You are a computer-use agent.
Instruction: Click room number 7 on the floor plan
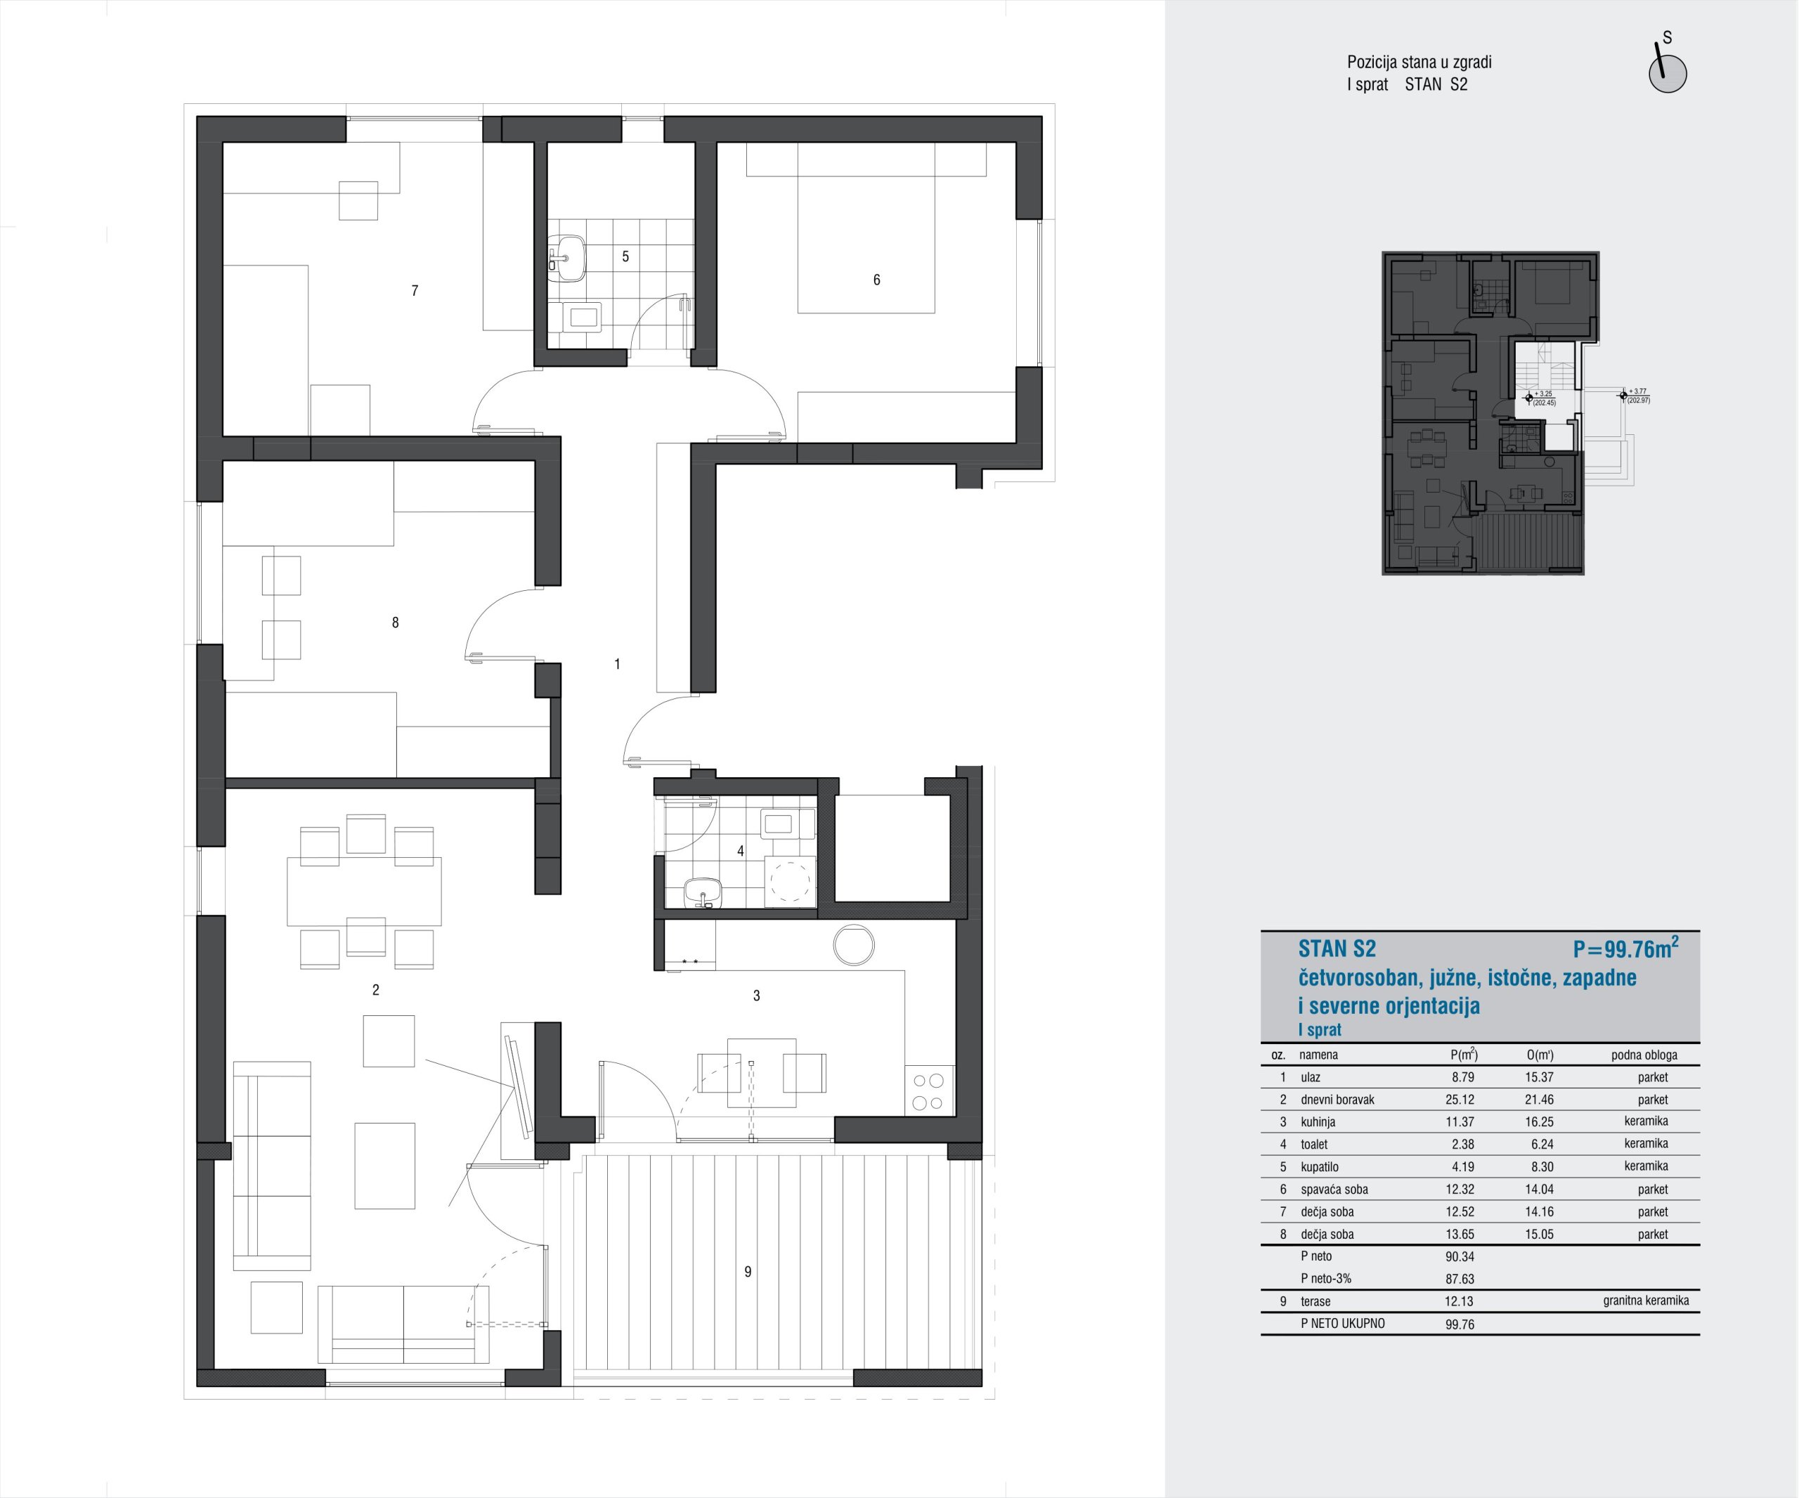point(415,291)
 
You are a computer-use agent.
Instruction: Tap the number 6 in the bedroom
point(876,280)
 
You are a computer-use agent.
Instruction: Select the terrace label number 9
point(748,1272)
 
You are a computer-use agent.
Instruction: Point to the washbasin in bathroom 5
point(566,258)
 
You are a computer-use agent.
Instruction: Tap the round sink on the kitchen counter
point(853,946)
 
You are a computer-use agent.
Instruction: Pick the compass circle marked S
point(1668,74)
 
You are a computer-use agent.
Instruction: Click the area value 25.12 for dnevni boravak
point(1460,1100)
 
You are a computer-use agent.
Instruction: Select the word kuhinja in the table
point(1318,1122)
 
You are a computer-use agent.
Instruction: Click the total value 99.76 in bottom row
point(1460,1324)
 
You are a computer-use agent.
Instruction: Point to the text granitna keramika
point(1646,1301)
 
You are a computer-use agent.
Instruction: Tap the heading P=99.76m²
point(1625,948)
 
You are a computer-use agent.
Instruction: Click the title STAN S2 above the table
point(1337,949)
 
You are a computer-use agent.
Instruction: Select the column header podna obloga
point(1644,1055)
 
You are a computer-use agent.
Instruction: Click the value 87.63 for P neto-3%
point(1460,1279)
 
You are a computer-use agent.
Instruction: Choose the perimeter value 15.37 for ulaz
point(1540,1077)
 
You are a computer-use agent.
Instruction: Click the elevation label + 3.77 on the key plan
point(1637,391)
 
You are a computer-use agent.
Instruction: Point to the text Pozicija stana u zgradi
point(1420,62)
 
